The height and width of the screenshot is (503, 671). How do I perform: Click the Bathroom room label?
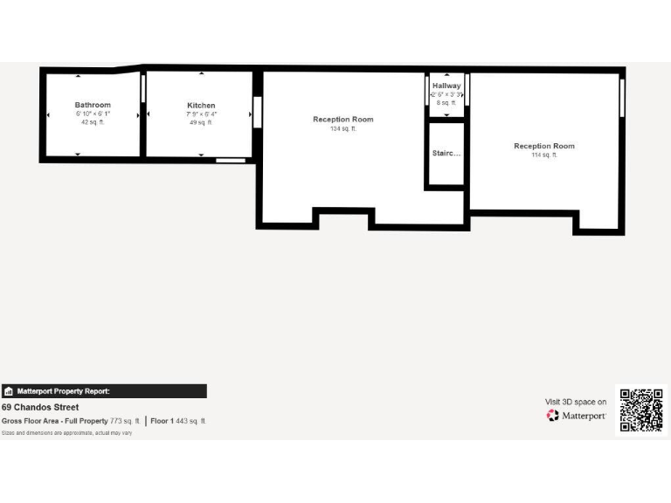(93, 105)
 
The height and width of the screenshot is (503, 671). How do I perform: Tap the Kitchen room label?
(201, 106)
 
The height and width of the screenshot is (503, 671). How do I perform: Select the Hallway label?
(446, 86)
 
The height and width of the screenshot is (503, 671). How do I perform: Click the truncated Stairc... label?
(446, 153)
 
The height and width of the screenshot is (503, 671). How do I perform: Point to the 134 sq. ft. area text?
(343, 128)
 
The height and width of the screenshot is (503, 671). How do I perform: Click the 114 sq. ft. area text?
(544, 155)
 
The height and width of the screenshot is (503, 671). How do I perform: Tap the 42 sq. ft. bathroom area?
(93, 122)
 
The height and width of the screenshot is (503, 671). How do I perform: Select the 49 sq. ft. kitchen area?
(201, 123)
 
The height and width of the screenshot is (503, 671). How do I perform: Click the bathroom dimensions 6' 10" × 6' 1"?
(93, 114)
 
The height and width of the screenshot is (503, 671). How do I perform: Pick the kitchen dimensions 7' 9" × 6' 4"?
(201, 114)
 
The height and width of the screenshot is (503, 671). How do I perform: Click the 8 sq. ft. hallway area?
(446, 103)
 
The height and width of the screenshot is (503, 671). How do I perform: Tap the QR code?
(640, 410)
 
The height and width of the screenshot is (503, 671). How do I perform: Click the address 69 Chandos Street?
(40, 407)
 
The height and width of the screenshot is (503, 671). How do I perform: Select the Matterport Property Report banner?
(104, 391)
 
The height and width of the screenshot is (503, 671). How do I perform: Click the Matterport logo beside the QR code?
(577, 416)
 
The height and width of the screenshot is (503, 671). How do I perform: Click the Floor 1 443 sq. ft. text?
(178, 421)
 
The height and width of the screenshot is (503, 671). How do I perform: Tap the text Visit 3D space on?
(576, 402)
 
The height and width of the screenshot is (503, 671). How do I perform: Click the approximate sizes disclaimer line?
(66, 433)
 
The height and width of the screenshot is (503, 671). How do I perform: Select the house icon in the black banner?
(9, 391)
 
